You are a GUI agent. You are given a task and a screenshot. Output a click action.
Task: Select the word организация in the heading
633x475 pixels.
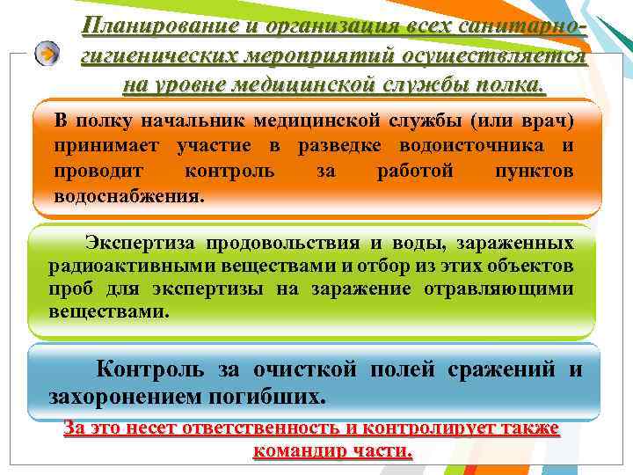click(301, 26)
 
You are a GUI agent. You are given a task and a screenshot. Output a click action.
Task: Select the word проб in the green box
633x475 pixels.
click(68, 289)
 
